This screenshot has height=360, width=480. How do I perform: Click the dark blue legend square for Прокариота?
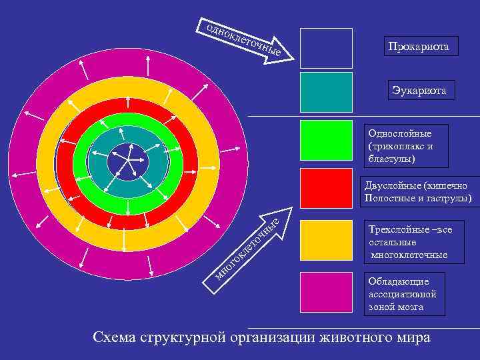tap(326, 48)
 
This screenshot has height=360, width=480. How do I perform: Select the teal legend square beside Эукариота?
tap(326, 92)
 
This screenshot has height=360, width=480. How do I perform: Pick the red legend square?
tap(326, 188)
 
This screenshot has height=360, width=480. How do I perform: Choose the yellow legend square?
tap(326, 240)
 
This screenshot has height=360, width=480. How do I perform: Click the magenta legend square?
tap(326, 291)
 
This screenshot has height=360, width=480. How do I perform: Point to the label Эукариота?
tap(422, 90)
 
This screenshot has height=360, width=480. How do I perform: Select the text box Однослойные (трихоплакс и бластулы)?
tap(406, 145)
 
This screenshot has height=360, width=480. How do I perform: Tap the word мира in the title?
tap(413, 337)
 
